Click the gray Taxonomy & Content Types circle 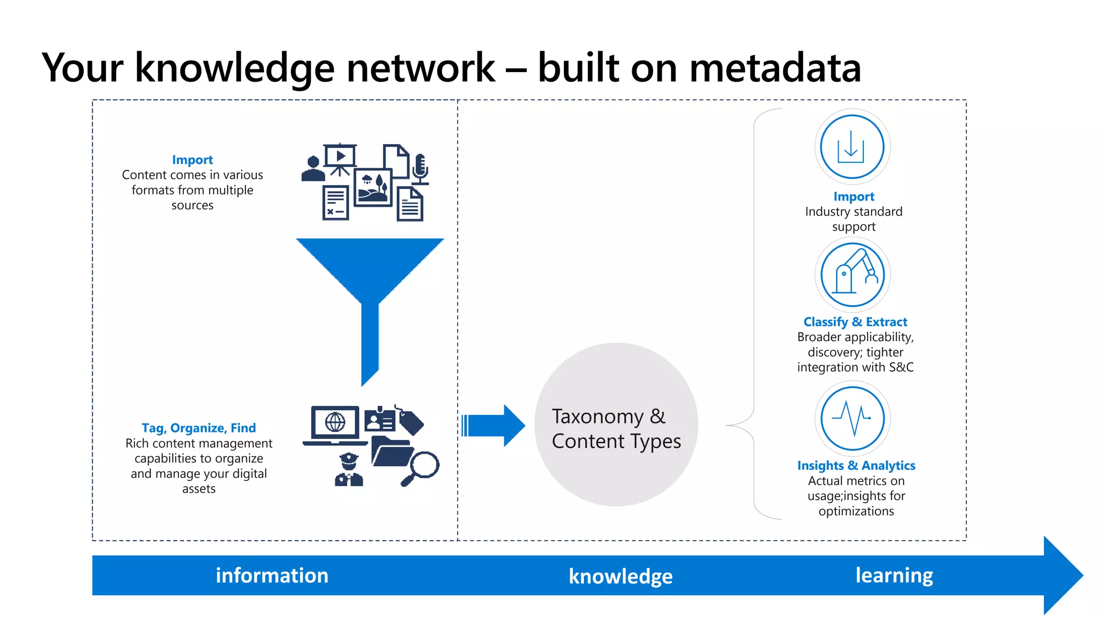(616, 424)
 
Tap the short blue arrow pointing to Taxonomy (494, 426)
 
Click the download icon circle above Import (852, 147)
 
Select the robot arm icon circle (852, 275)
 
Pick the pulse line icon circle (852, 418)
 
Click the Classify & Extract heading (855, 322)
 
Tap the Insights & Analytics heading (856, 465)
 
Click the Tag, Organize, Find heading (198, 428)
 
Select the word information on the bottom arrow (272, 575)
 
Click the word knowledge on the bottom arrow (620, 577)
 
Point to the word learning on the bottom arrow (894, 575)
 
